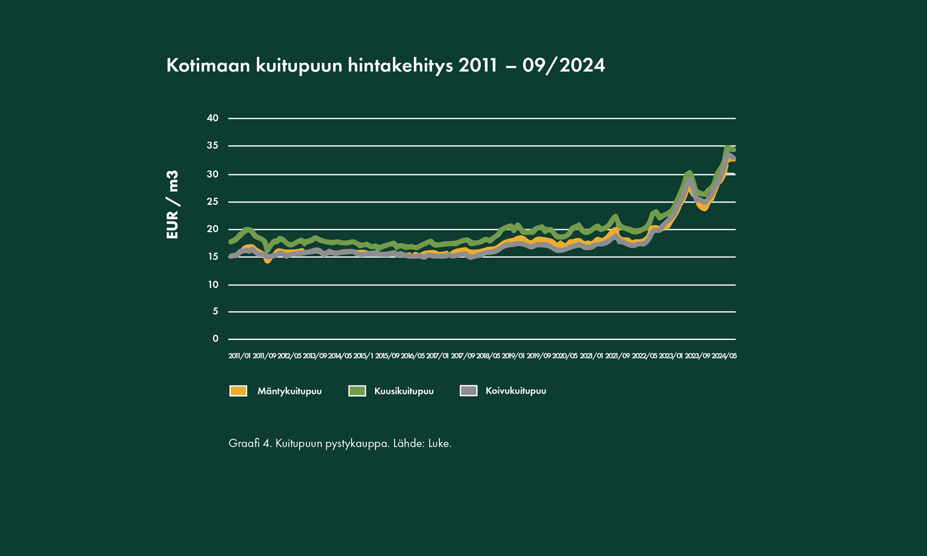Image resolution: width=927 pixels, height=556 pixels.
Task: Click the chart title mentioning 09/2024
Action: click(385, 65)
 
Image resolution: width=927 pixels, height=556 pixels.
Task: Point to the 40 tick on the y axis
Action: click(213, 118)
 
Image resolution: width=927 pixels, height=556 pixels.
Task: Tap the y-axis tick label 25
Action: click(213, 202)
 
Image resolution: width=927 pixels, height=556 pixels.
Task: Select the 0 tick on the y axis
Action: click(215, 338)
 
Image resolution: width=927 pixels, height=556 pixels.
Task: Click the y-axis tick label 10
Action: click(213, 284)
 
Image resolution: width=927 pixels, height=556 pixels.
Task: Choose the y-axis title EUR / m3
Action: click(172, 205)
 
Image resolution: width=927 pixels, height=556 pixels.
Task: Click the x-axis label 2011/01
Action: click(239, 356)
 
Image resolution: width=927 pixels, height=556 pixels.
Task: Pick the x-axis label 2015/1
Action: click(363, 356)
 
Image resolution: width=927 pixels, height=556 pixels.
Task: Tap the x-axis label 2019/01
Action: click(513, 356)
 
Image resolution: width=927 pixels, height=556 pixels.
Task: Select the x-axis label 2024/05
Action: click(724, 356)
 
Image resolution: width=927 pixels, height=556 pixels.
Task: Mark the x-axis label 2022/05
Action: click(645, 356)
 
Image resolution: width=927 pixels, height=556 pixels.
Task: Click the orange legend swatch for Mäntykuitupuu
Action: click(238, 391)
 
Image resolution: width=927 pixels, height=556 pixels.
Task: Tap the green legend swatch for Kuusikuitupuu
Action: click(357, 391)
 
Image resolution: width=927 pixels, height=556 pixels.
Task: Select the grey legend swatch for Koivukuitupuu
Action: click(468, 391)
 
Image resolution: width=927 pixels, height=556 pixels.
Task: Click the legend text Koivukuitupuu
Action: click(516, 391)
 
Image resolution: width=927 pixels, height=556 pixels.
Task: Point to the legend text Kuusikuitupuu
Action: click(404, 391)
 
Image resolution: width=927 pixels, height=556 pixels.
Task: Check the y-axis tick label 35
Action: click(213, 145)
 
